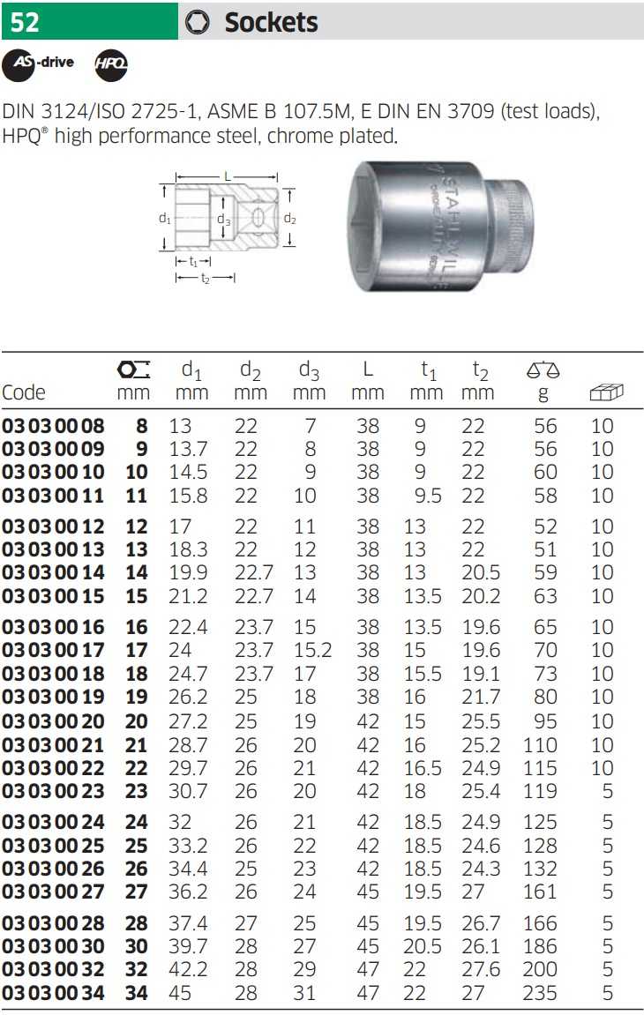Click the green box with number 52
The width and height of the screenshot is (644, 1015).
[x=89, y=21]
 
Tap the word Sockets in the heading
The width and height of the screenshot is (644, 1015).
[x=271, y=23]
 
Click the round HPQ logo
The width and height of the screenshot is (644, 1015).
[x=111, y=64]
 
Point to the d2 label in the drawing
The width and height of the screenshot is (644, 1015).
[x=289, y=219]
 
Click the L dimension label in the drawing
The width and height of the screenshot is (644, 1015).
[x=228, y=176]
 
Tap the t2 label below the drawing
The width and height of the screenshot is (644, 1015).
[x=206, y=279]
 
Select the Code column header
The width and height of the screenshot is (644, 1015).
[x=23, y=392]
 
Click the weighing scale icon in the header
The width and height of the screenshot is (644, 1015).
[x=543, y=369]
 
